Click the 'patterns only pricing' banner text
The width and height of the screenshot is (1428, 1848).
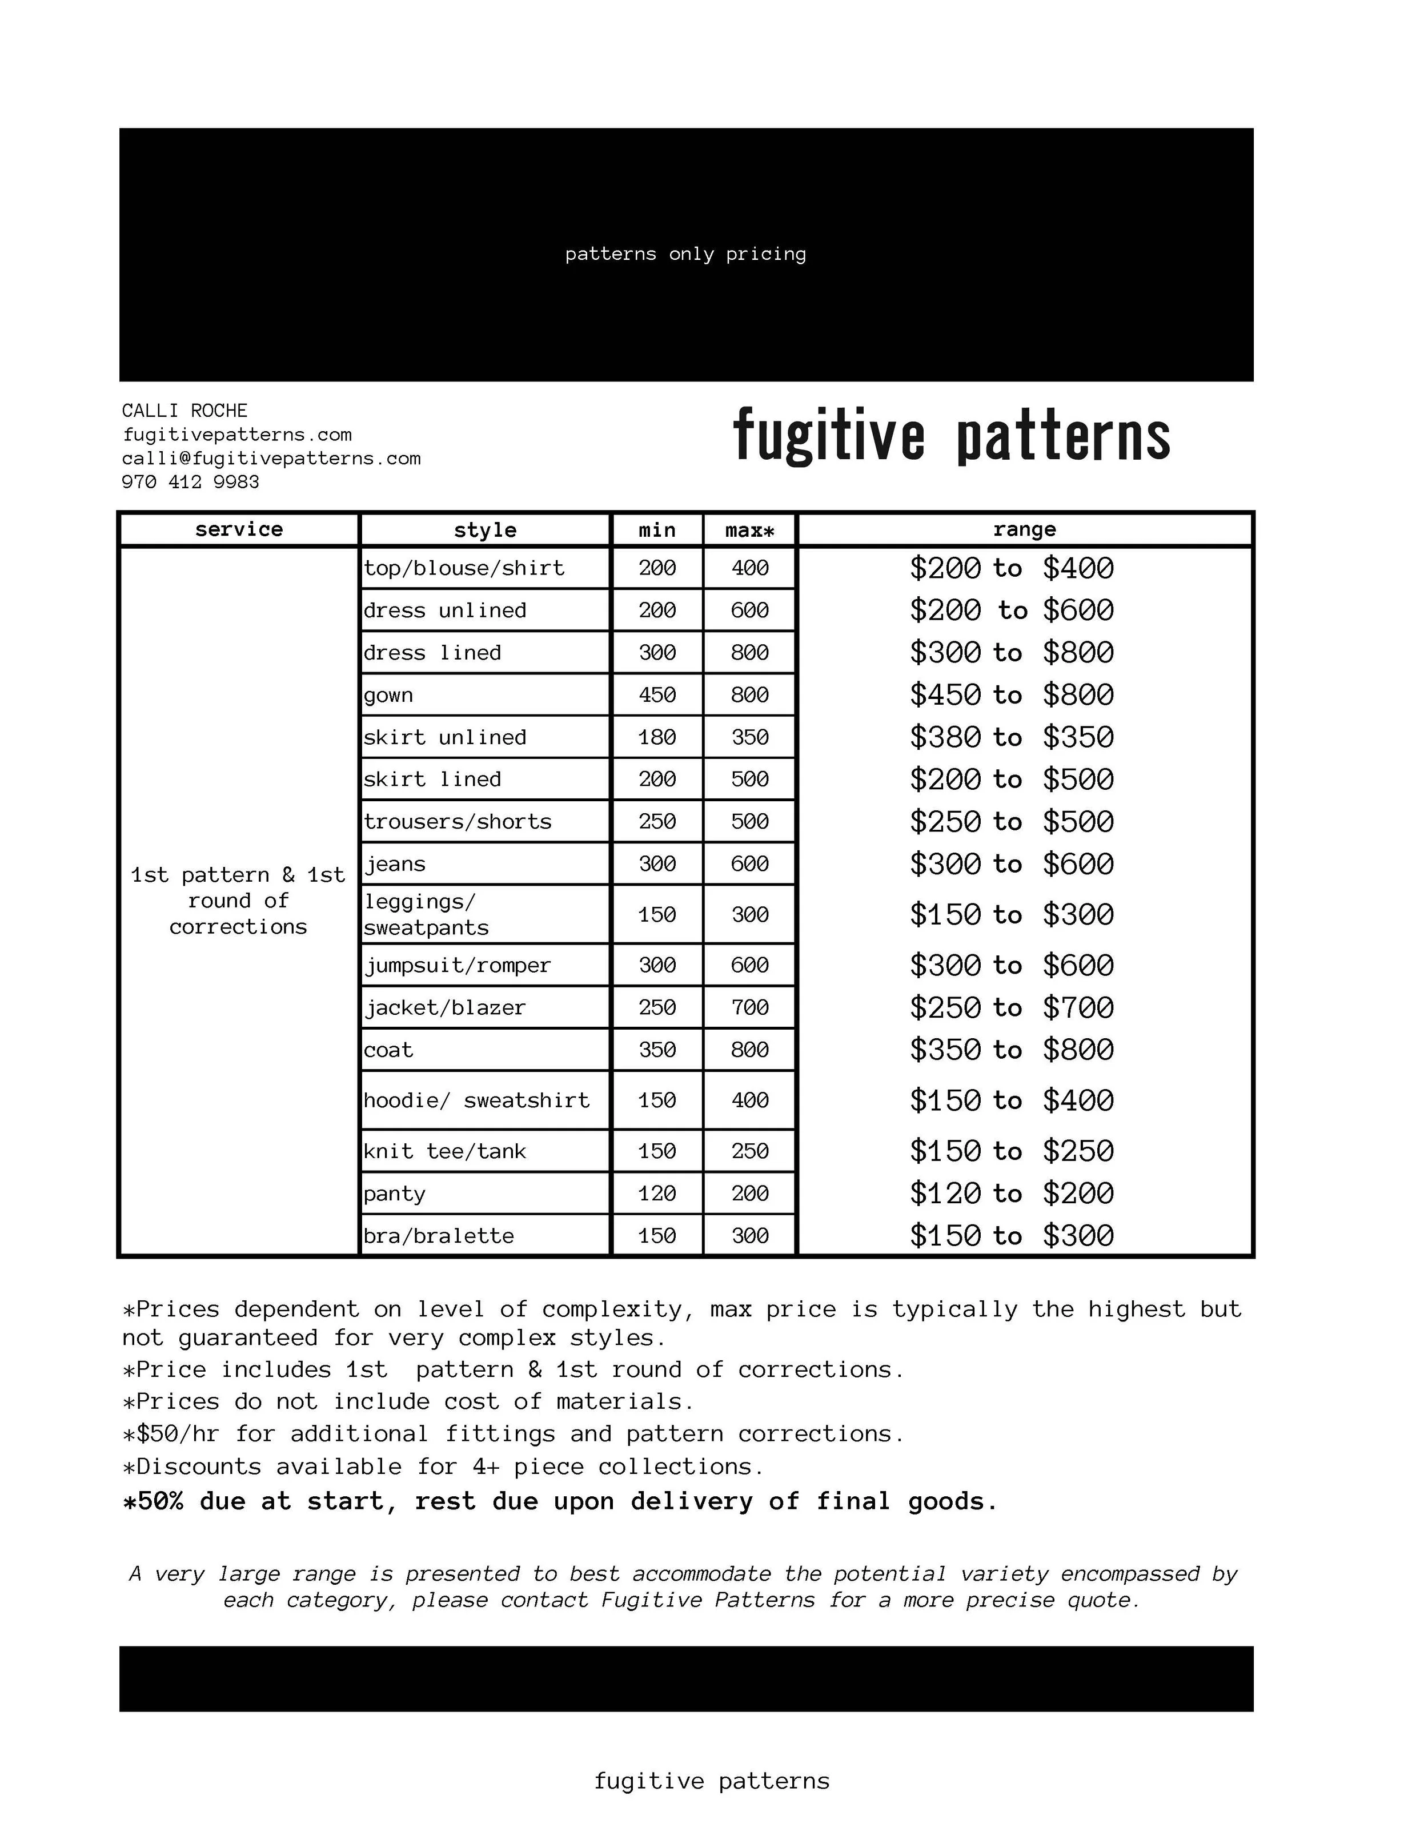[x=685, y=254]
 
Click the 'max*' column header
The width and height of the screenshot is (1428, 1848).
[x=749, y=531]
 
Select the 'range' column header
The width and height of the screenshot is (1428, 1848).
[x=1024, y=530]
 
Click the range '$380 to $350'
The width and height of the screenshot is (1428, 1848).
[x=1012, y=738]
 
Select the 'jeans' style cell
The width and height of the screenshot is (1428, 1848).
[x=395, y=864]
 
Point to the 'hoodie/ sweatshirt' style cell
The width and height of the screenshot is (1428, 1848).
[x=476, y=1100]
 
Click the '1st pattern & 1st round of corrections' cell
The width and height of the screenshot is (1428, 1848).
[x=238, y=901]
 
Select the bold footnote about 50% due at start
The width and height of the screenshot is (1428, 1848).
[x=560, y=1502]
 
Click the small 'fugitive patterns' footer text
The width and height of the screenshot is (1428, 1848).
[x=712, y=1781]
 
